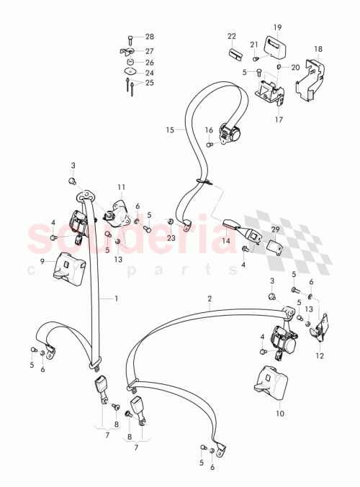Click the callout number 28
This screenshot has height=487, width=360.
pyautogui.click(x=150, y=37)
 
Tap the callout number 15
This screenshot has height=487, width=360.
pyautogui.click(x=170, y=130)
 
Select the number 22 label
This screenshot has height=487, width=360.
pyautogui.click(x=232, y=35)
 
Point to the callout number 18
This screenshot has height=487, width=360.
pyautogui.click(x=318, y=50)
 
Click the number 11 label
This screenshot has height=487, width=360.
pyautogui.click(x=122, y=187)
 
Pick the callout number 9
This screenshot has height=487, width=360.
pyautogui.click(x=42, y=261)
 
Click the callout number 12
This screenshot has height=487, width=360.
pyautogui.click(x=318, y=355)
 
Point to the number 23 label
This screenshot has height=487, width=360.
pyautogui.click(x=171, y=237)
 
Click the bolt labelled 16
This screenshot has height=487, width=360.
pyautogui.click(x=209, y=144)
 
